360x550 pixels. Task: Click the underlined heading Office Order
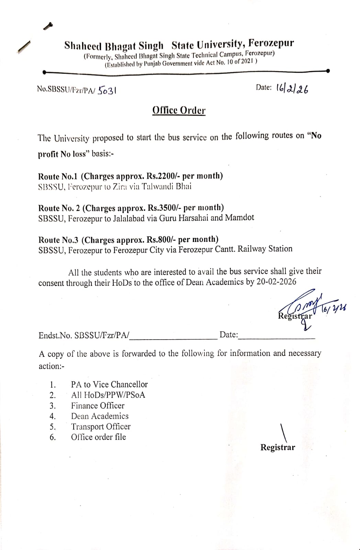tap(179, 110)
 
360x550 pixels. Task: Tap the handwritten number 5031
tap(107, 90)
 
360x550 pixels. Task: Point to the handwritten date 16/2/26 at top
tap(292, 89)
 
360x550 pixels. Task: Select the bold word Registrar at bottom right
tap(278, 447)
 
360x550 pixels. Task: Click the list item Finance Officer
tap(98, 406)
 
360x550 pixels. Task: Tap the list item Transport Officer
tap(101, 427)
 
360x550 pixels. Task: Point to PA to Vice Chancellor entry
tap(109, 384)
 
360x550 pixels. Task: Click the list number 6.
tap(53, 437)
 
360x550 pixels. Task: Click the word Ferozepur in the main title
tap(271, 43)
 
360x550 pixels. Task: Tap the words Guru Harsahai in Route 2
tap(183, 218)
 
